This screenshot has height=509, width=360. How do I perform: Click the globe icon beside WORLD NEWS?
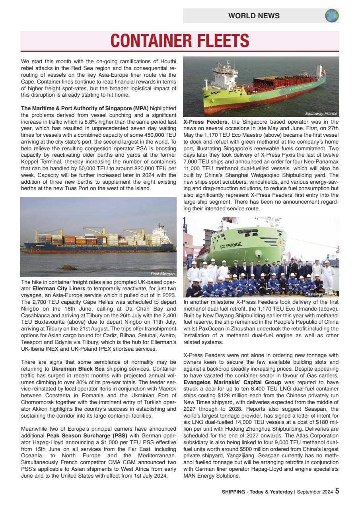pyautogui.click(x=332, y=16)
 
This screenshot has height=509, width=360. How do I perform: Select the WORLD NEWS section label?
pyautogui.click(x=254, y=16)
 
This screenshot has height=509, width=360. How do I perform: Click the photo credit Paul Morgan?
pyautogui.click(x=163, y=274)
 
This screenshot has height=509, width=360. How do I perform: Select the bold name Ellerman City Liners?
pyautogui.click(x=58, y=288)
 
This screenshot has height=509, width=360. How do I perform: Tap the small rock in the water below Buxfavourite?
pyautogui.click(x=68, y=267)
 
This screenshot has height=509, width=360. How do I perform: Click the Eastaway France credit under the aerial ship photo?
pyautogui.click(x=321, y=114)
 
